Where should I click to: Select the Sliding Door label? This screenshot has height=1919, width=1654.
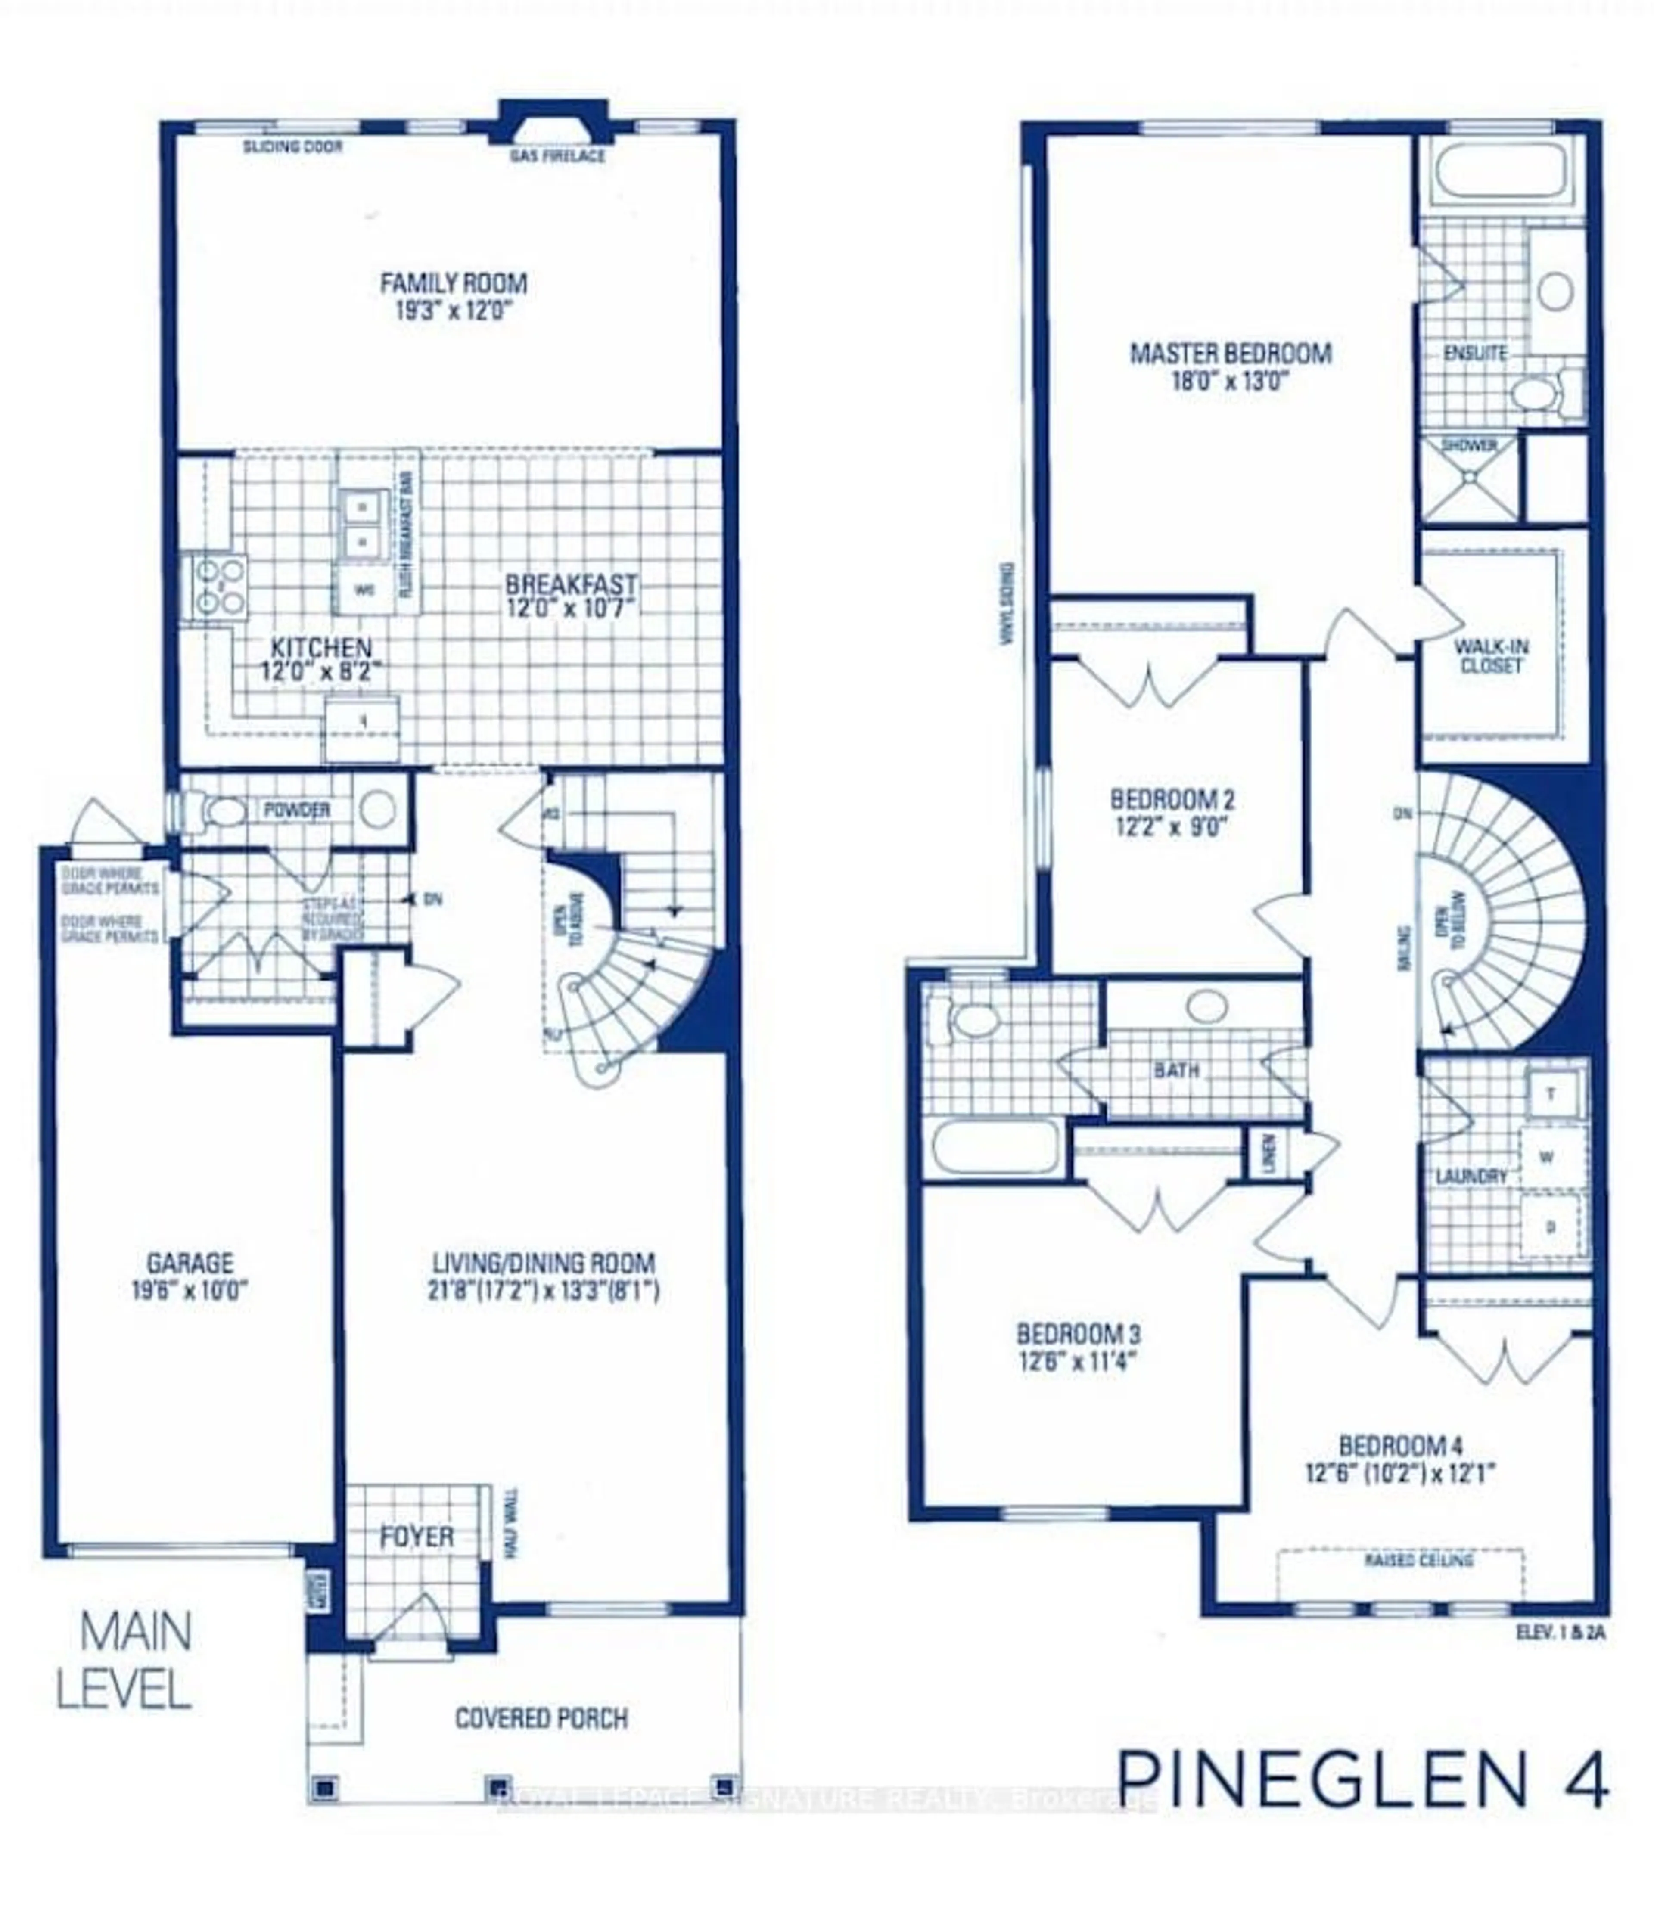[x=292, y=146]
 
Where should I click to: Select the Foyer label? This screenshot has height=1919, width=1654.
[x=417, y=1537]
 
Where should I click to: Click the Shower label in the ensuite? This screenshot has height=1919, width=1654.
[x=1469, y=445]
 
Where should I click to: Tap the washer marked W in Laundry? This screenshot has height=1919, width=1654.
[x=1547, y=1157]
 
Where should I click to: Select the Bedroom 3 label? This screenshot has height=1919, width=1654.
[x=1078, y=1335]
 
